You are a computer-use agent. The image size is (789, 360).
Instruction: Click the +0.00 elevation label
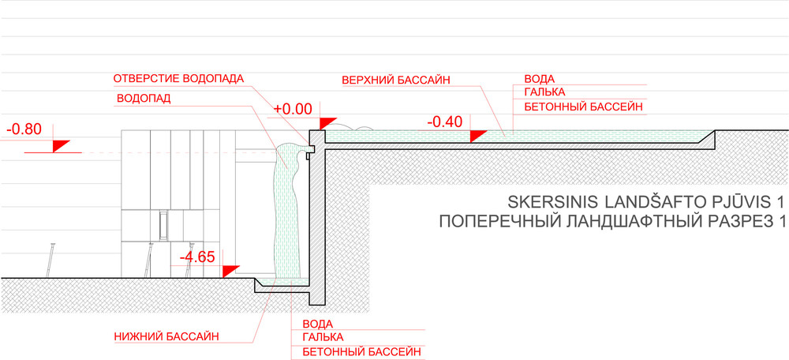tap(293, 109)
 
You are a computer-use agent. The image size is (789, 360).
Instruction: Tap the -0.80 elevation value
tap(24, 129)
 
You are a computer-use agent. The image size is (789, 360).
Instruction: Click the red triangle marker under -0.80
tap(60, 145)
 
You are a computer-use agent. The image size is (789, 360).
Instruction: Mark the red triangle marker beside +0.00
tap(327, 122)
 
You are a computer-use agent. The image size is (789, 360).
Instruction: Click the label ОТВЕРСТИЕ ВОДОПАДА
tap(178, 78)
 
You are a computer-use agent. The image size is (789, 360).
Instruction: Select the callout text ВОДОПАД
tap(144, 98)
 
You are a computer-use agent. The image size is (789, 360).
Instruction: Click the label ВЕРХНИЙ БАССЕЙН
tap(395, 80)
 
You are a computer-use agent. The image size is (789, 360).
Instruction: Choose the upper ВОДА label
tap(540, 79)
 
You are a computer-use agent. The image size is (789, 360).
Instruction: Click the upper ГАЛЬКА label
tap(545, 92)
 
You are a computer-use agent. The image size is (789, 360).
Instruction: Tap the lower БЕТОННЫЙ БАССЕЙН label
tap(361, 351)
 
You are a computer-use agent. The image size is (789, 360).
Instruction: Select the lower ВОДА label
tap(317, 324)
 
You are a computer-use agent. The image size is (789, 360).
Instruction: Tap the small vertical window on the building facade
tap(163, 226)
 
